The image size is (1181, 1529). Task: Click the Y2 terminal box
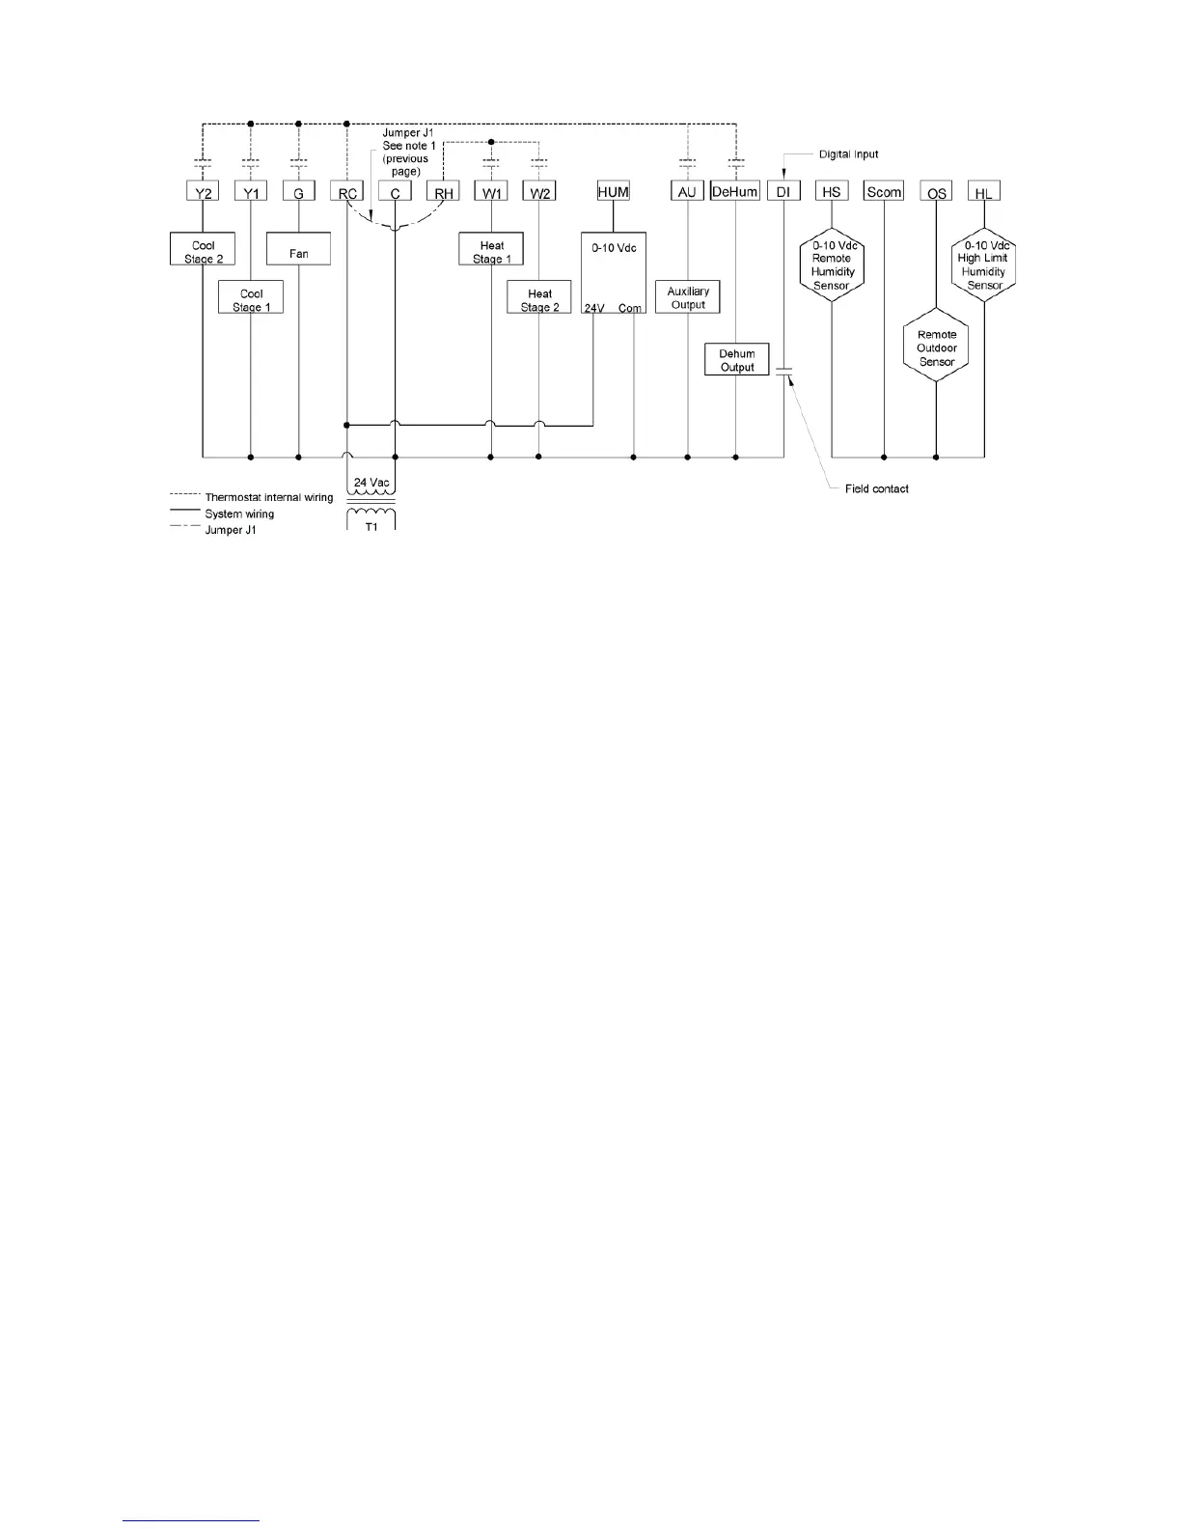(203, 192)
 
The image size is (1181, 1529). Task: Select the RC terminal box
(346, 192)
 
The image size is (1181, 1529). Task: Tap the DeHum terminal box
(735, 191)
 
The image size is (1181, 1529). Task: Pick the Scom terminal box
(884, 191)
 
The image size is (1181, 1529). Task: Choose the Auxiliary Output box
(688, 297)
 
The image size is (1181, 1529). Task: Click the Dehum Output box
(737, 359)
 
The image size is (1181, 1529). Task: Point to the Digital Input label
(848, 154)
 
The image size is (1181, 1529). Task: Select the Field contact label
(876, 488)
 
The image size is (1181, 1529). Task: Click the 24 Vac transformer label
(372, 483)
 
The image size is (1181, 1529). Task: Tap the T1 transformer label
(372, 526)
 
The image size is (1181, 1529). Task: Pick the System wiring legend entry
(239, 514)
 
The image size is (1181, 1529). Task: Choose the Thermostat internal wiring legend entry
(268, 497)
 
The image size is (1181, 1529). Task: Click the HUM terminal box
(614, 191)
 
